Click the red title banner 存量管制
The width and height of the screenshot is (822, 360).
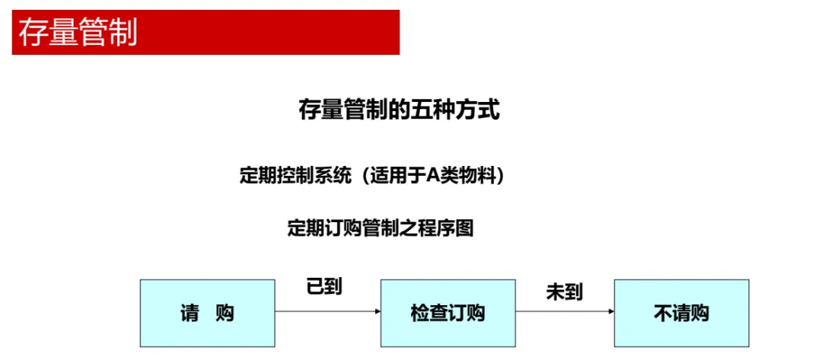[205, 33]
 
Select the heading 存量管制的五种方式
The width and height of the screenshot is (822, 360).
[399, 111]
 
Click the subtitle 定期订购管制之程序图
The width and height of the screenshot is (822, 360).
[380, 228]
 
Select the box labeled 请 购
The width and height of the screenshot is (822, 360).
[207, 313]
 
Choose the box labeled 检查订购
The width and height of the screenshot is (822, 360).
[448, 313]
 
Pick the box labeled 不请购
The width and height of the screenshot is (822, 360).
[681, 313]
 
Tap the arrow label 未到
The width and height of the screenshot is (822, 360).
[564, 291]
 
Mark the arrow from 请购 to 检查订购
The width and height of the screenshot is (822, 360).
[327, 311]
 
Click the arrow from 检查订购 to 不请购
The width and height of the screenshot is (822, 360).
[564, 311]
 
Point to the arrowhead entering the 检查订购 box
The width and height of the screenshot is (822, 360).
[377, 311]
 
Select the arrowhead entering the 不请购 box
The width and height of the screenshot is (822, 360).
[611, 311]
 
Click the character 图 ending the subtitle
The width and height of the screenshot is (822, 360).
[464, 228]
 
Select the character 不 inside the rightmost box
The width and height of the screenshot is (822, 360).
[661, 313]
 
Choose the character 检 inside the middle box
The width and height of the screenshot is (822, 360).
[419, 313]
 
